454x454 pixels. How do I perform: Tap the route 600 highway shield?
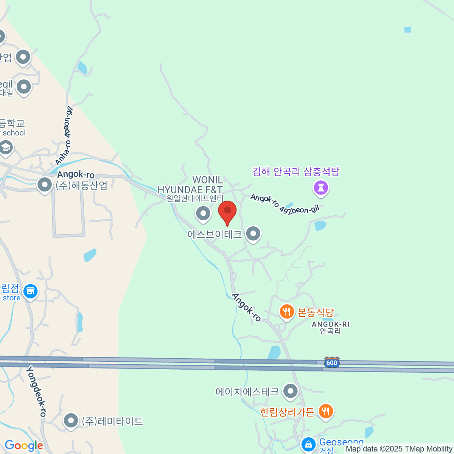(x=331, y=362)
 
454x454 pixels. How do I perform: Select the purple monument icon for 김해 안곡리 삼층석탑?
(x=321, y=187)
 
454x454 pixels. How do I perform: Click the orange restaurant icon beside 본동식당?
(x=287, y=312)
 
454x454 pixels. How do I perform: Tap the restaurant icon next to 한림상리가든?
(x=326, y=411)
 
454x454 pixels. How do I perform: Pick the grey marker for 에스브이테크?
(x=253, y=233)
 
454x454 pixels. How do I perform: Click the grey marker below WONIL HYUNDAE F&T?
(x=203, y=213)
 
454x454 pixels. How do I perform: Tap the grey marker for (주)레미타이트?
(x=71, y=420)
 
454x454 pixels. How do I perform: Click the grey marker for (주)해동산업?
(x=45, y=185)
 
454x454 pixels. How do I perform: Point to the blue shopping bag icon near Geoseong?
(x=309, y=444)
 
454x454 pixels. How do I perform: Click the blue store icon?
(x=30, y=291)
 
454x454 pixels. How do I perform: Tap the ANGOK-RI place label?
(x=330, y=328)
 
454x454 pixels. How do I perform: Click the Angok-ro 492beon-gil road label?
(x=285, y=205)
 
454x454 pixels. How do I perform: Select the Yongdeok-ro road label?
(x=36, y=391)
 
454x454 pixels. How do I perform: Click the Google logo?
(x=24, y=446)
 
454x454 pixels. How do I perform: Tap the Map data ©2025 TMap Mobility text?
(x=399, y=449)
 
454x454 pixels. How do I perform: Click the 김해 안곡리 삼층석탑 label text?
(x=296, y=172)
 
